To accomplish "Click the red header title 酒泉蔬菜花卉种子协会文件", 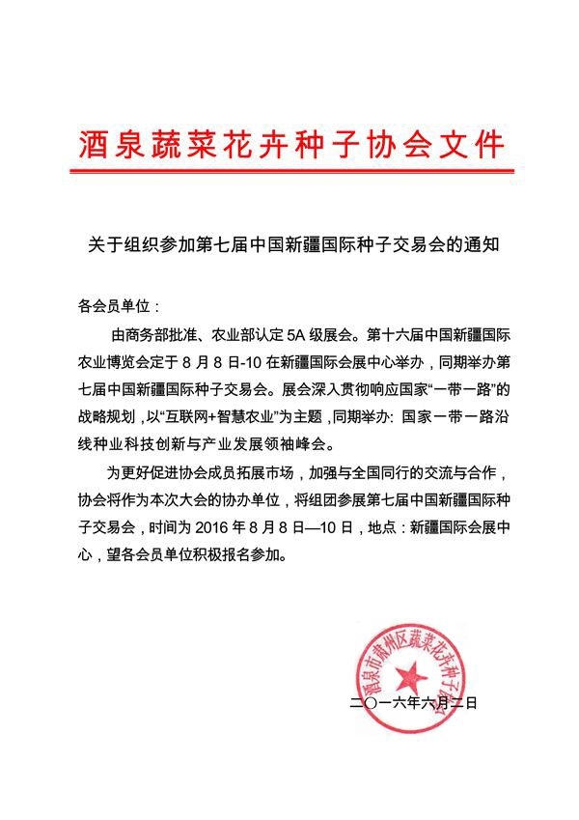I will tap(290, 145).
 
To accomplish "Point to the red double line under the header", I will tap(290, 172).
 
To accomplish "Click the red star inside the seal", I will tap(410, 673).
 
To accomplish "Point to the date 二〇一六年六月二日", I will tap(414, 703).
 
